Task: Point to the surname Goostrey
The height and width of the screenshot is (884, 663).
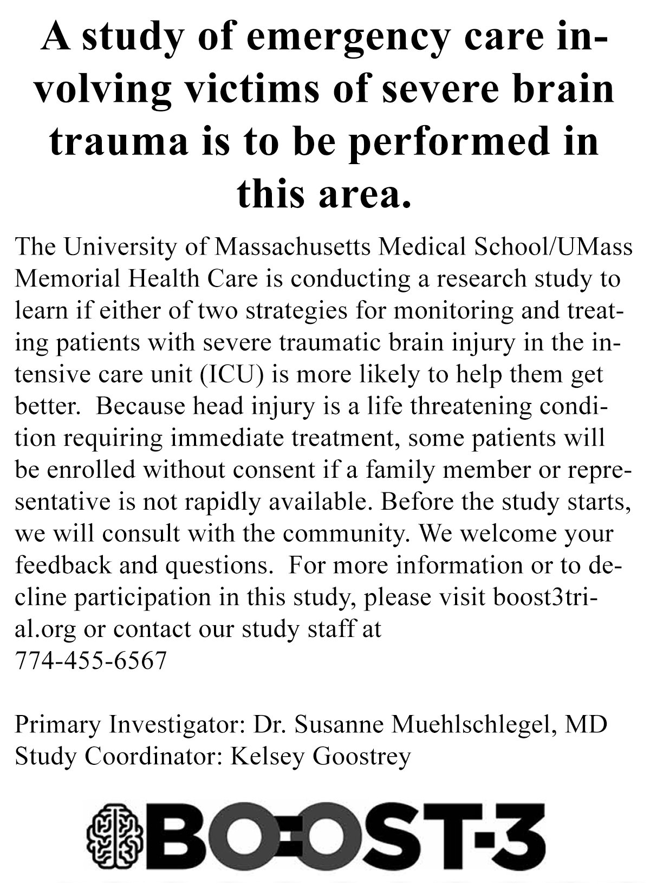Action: click(x=361, y=756)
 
